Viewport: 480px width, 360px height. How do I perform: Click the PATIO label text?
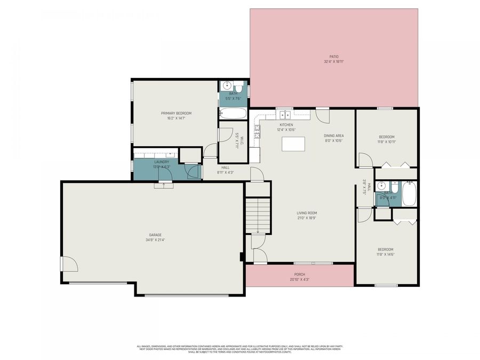(x=333, y=57)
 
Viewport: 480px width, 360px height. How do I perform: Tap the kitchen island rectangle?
(x=293, y=143)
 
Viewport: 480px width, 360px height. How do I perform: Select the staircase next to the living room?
(x=258, y=214)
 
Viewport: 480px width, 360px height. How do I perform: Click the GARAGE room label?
(x=155, y=235)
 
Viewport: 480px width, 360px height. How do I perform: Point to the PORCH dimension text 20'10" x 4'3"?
(x=299, y=279)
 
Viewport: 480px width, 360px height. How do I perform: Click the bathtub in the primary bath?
(x=233, y=113)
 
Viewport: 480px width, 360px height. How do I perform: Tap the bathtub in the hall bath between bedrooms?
(x=410, y=194)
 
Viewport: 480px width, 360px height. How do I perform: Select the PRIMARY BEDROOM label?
(x=176, y=113)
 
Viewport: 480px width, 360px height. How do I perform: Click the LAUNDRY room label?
(x=162, y=162)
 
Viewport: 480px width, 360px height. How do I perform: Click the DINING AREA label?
(x=333, y=135)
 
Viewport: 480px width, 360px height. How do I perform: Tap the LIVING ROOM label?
(x=307, y=213)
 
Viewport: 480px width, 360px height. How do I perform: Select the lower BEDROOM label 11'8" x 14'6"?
(x=385, y=249)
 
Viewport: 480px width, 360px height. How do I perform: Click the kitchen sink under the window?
(x=285, y=114)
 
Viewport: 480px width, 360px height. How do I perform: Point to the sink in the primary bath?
(x=227, y=85)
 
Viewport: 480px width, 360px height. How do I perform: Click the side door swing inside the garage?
(x=69, y=263)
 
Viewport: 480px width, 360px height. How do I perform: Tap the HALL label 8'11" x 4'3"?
(x=226, y=167)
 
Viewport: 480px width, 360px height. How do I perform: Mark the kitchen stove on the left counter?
(x=257, y=131)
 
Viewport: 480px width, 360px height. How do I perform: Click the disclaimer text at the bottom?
(x=239, y=349)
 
